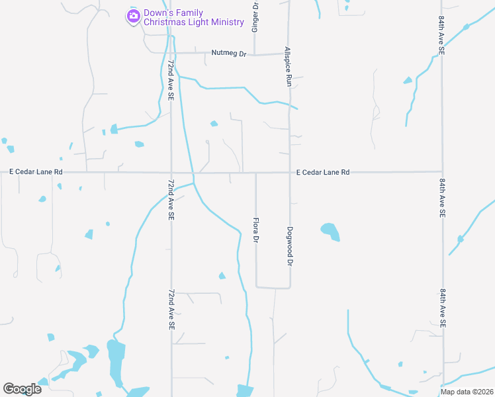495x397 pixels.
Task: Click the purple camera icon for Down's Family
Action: (134, 16)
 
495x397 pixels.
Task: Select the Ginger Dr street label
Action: (255, 17)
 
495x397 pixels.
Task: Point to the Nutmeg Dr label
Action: (228, 53)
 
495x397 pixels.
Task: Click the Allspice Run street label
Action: (289, 67)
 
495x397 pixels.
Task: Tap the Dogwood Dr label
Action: (290, 246)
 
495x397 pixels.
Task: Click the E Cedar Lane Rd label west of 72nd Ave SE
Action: (36, 172)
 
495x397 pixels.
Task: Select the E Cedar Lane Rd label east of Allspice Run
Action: (322, 172)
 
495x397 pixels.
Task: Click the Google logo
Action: (22, 388)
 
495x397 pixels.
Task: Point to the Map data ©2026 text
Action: (466, 392)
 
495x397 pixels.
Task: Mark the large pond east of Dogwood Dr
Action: (330, 231)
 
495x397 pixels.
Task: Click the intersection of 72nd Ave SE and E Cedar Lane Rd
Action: (171, 173)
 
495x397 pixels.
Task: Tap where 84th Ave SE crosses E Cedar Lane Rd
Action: (442, 172)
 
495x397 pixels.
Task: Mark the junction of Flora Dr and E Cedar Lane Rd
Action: (255, 173)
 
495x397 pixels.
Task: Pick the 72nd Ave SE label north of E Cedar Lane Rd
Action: (171, 80)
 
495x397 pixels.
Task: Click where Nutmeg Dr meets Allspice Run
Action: (289, 54)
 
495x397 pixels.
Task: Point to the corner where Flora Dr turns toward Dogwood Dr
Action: (257, 287)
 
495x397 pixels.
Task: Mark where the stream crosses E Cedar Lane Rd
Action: (193, 173)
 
